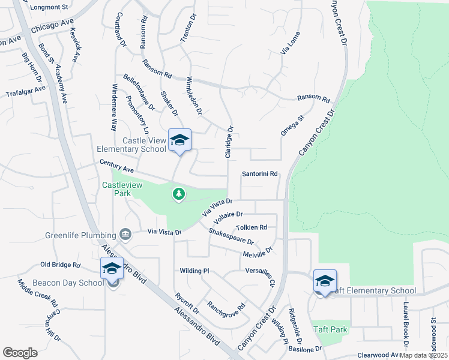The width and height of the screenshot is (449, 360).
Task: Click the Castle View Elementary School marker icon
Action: point(179,140)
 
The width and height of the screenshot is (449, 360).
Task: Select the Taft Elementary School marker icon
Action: point(325,281)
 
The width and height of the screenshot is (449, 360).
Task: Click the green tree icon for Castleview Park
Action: point(178,194)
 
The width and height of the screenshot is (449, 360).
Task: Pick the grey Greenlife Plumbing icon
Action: point(125,233)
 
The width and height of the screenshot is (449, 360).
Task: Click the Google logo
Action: point(20,352)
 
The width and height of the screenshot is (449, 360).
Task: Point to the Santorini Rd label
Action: point(259,174)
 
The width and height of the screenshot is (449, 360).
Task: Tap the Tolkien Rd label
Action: point(252,227)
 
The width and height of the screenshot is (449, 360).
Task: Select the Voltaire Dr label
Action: point(228,217)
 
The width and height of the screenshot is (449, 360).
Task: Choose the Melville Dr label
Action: point(258,252)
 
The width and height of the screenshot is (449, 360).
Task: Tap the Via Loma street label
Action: point(290,44)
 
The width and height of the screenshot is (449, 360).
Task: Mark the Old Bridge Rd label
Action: point(60,265)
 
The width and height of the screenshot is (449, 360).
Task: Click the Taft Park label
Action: point(330,329)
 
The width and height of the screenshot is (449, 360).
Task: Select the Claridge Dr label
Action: point(229,142)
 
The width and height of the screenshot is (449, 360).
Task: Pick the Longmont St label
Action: point(50,8)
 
